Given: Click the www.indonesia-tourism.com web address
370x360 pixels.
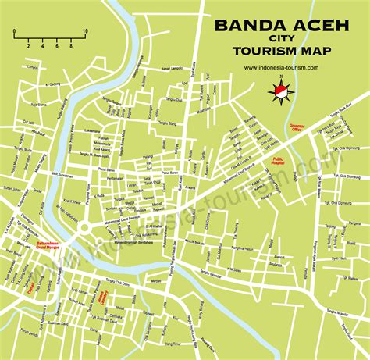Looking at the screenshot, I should [x=282, y=68].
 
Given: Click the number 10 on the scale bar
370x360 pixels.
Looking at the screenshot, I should [x=84, y=31].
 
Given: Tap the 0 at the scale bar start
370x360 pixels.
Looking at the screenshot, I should [x=14, y=45].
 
